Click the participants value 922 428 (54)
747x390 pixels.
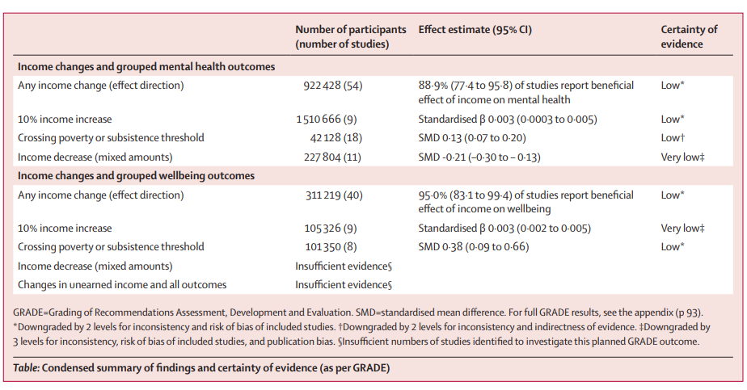click(333, 86)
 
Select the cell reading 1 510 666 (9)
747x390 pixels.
click(327, 119)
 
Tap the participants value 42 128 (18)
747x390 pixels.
click(336, 138)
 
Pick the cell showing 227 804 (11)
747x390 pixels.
click(332, 157)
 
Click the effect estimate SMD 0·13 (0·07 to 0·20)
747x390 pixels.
click(472, 138)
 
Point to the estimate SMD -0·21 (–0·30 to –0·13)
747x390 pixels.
click(479, 157)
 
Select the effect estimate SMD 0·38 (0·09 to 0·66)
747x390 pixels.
click(474, 247)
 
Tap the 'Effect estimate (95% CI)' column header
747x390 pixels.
click(475, 30)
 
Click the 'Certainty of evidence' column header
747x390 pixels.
click(689, 36)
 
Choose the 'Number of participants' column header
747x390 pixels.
click(351, 36)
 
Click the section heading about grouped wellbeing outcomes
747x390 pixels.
click(137, 176)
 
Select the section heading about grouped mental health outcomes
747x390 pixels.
click(146, 66)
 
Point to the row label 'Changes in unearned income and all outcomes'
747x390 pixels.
click(122, 285)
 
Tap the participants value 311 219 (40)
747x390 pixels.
click(334, 195)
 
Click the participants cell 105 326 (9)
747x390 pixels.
click(331, 229)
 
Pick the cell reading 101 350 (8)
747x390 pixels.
click(331, 247)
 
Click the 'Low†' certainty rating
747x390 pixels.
click(673, 138)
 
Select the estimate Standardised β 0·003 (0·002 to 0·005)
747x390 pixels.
click(504, 229)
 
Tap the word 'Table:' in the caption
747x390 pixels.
click(26, 368)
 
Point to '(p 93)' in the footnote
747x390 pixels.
click(689, 313)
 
